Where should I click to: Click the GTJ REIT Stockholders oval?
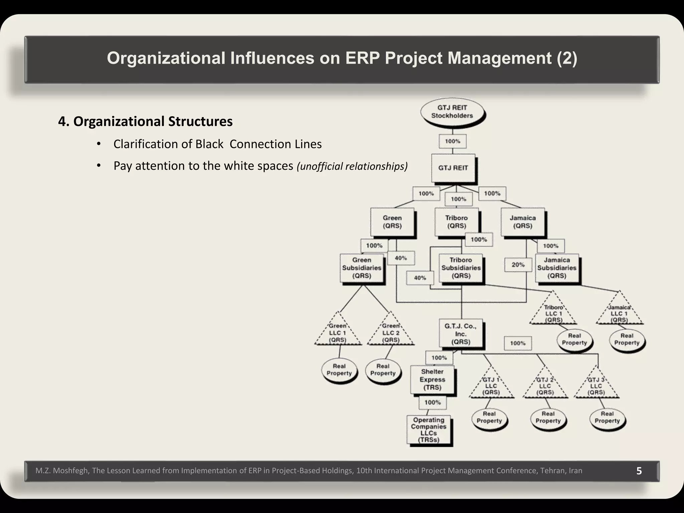point(452,112)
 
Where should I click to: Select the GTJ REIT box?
point(453,168)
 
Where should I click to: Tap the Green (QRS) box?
point(392,222)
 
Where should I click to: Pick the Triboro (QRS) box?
point(456,222)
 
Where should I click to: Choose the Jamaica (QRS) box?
point(523,222)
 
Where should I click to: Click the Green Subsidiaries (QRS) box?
point(362,268)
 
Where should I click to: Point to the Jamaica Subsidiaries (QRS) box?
point(557,268)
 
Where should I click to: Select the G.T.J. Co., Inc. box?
point(461,334)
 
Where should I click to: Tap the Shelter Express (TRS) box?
point(432,380)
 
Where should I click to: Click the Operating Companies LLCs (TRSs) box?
point(429,430)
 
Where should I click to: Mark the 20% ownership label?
point(518,265)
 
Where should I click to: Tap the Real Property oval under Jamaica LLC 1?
point(627,339)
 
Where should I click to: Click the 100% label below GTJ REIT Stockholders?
point(453,141)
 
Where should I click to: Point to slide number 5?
point(639,471)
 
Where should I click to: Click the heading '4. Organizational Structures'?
point(145,121)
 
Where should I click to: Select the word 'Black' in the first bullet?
point(209,144)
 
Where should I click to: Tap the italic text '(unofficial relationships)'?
point(352,166)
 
